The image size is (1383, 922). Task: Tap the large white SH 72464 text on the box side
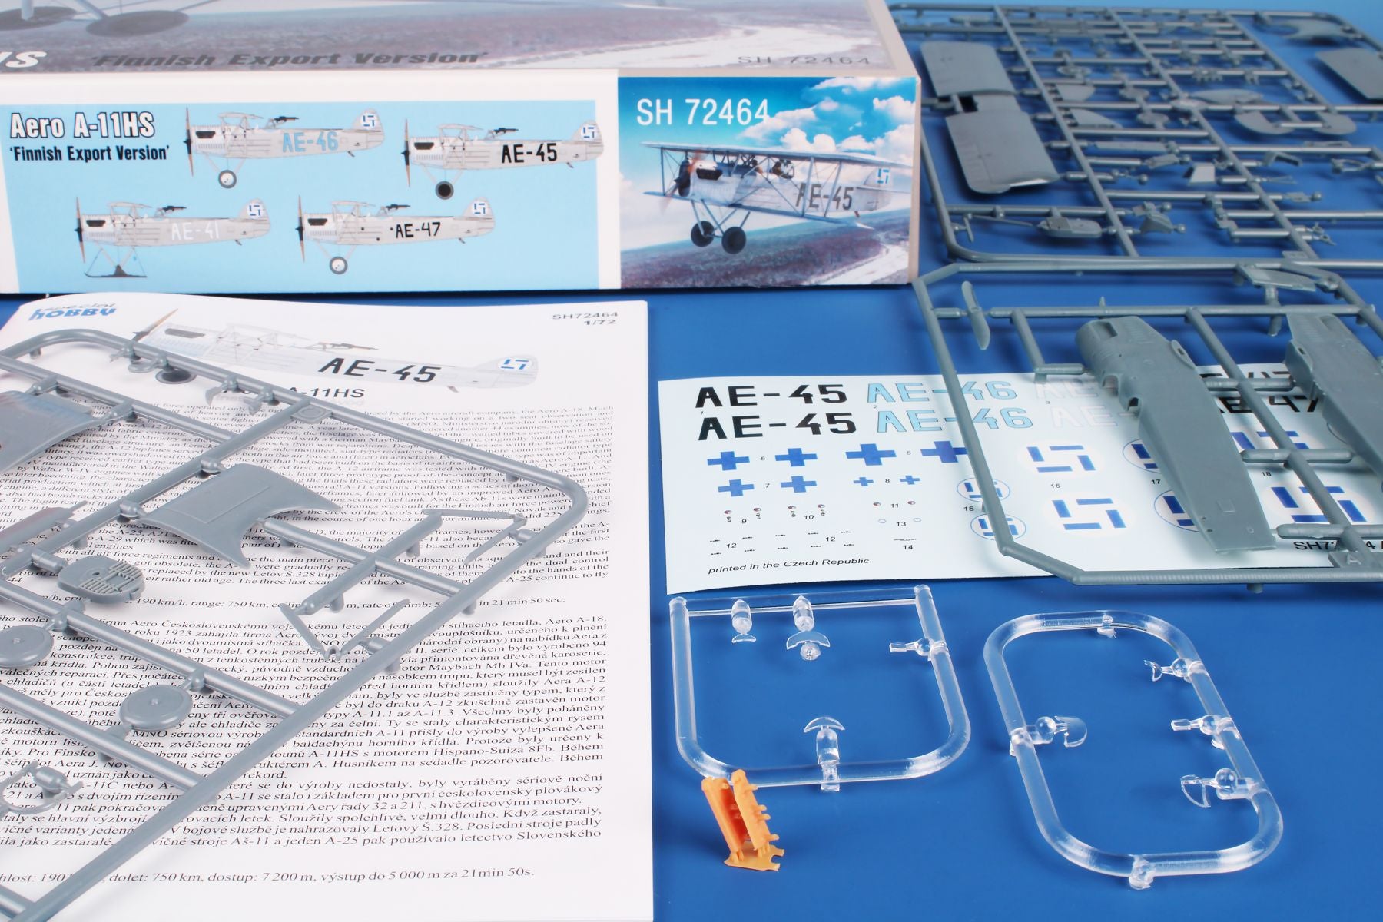click(x=702, y=113)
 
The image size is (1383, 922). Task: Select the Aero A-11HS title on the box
click(x=83, y=124)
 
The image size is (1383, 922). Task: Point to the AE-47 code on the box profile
click(x=417, y=229)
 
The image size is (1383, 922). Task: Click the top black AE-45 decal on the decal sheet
click(x=776, y=396)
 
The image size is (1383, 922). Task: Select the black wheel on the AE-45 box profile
click(x=444, y=190)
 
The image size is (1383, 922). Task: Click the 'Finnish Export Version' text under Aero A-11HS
click(x=91, y=151)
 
